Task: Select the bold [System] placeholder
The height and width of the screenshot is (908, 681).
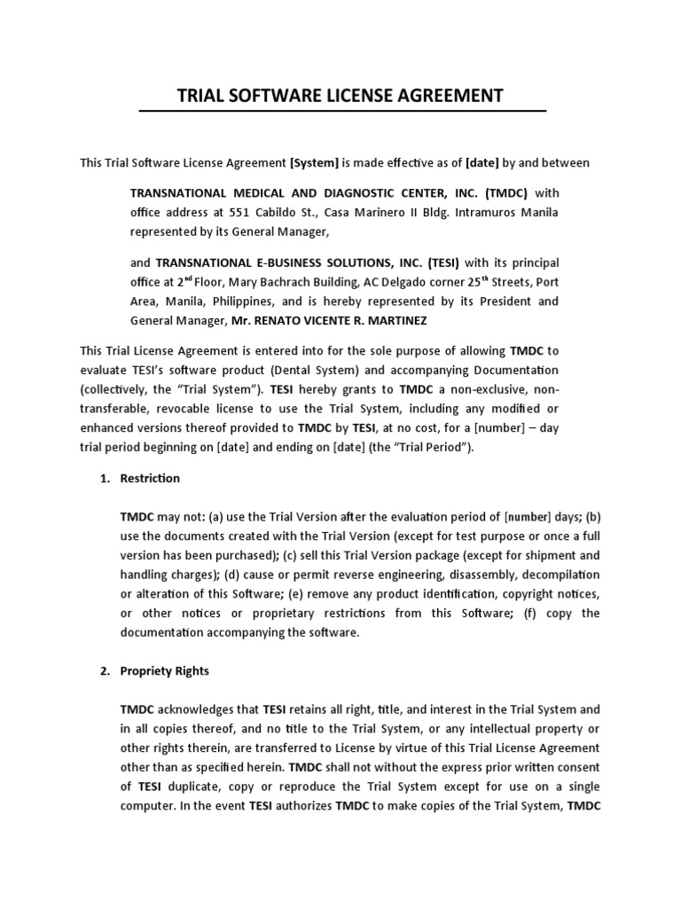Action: pos(314,163)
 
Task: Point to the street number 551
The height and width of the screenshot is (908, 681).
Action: pos(239,213)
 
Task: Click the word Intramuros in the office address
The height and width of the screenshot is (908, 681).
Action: pos(484,213)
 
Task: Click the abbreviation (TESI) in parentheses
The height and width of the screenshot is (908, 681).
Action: pos(443,262)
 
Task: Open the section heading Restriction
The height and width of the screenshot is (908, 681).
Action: pos(150,479)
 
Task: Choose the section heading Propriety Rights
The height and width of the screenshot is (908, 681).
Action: pos(165,671)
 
